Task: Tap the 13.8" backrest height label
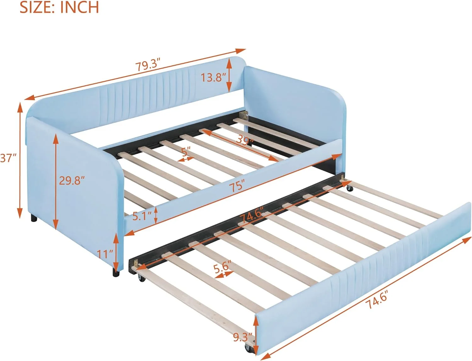(213, 77)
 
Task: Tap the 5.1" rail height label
(142, 216)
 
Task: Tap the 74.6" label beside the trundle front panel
(376, 299)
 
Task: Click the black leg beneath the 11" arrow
(116, 272)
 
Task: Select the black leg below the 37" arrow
(33, 218)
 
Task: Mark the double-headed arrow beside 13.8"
(229, 75)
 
